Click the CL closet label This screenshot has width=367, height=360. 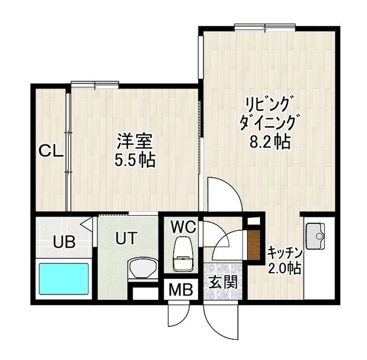click(x=50, y=152)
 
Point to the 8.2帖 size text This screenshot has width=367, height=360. click(x=268, y=140)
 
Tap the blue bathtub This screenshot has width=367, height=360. click(x=64, y=279)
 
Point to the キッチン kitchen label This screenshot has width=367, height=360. click(x=284, y=253)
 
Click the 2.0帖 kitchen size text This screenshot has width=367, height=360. click(x=284, y=269)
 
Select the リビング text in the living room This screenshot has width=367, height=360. click(x=267, y=105)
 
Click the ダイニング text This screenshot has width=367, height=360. click(x=268, y=122)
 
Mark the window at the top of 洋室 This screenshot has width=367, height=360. click(x=96, y=85)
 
